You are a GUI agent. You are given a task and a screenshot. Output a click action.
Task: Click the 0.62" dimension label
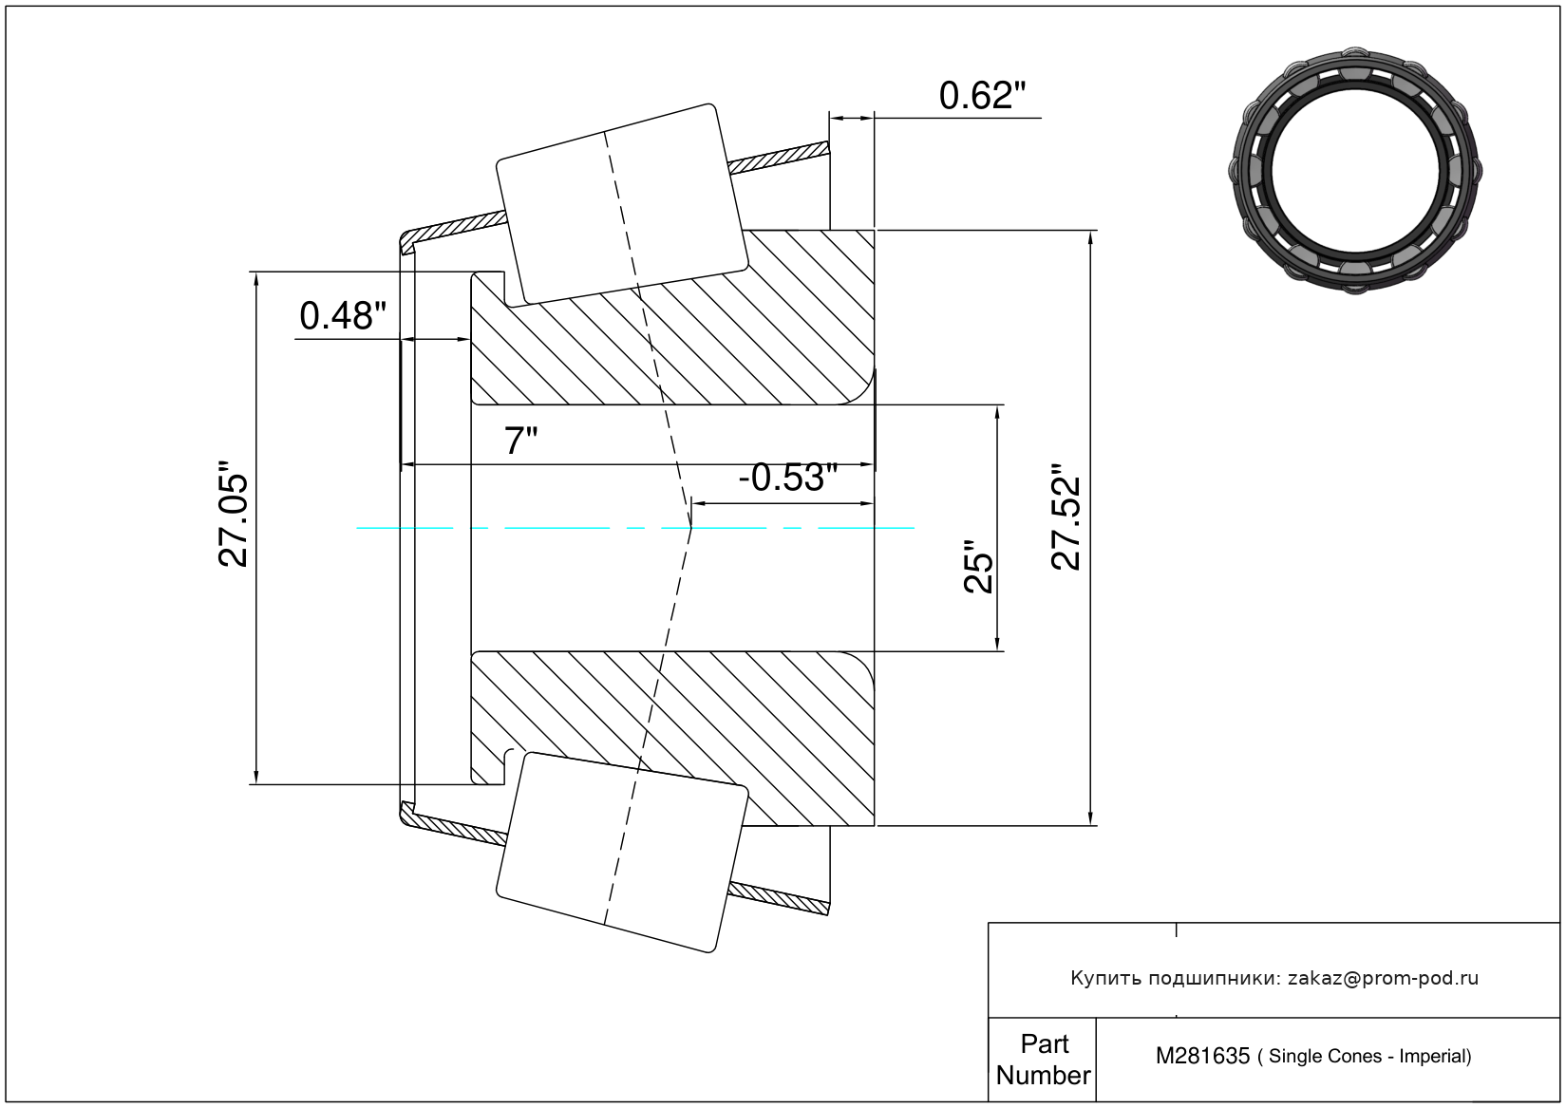pyautogui.click(x=982, y=96)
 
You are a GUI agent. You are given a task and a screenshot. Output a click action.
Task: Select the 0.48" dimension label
pyautogui.click(x=343, y=316)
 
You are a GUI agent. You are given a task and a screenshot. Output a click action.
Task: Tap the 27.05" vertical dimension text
pyautogui.click(x=234, y=516)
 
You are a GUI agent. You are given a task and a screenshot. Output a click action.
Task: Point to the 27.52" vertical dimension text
pyautogui.click(x=1066, y=517)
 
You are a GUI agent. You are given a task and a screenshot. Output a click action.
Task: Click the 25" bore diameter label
pyautogui.click(x=978, y=568)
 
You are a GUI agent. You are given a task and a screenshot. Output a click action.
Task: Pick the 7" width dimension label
pyautogui.click(x=520, y=441)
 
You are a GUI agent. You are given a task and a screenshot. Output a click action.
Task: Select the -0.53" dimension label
pyautogui.click(x=787, y=478)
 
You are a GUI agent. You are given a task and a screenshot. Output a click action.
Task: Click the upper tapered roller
pyautogui.click(x=621, y=204)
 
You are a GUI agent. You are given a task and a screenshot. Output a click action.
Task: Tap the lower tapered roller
pyautogui.click(x=622, y=852)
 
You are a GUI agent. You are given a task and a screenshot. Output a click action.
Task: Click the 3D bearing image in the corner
pyautogui.click(x=1355, y=167)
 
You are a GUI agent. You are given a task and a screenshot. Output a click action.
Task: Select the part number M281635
pyautogui.click(x=1202, y=1056)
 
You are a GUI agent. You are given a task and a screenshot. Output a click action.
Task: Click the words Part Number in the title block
pyautogui.click(x=1043, y=1060)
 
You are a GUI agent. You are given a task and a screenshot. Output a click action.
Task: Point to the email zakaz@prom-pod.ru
pyautogui.click(x=1383, y=978)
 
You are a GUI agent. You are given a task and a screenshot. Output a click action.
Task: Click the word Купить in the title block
pyautogui.click(x=1105, y=978)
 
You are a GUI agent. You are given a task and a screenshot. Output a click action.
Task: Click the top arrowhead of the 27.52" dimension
pyautogui.click(x=1091, y=237)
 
